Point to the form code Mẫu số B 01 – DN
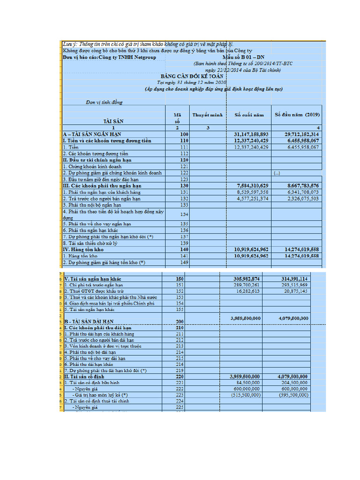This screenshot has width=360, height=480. (243, 57)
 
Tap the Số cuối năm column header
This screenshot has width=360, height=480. (249, 114)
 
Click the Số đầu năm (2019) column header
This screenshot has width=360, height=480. (296, 114)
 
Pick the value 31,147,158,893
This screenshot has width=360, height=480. (251, 134)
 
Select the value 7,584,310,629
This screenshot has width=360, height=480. (251, 186)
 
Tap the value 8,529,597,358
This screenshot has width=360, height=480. (251, 192)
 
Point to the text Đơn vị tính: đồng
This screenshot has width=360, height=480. (104, 102)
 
